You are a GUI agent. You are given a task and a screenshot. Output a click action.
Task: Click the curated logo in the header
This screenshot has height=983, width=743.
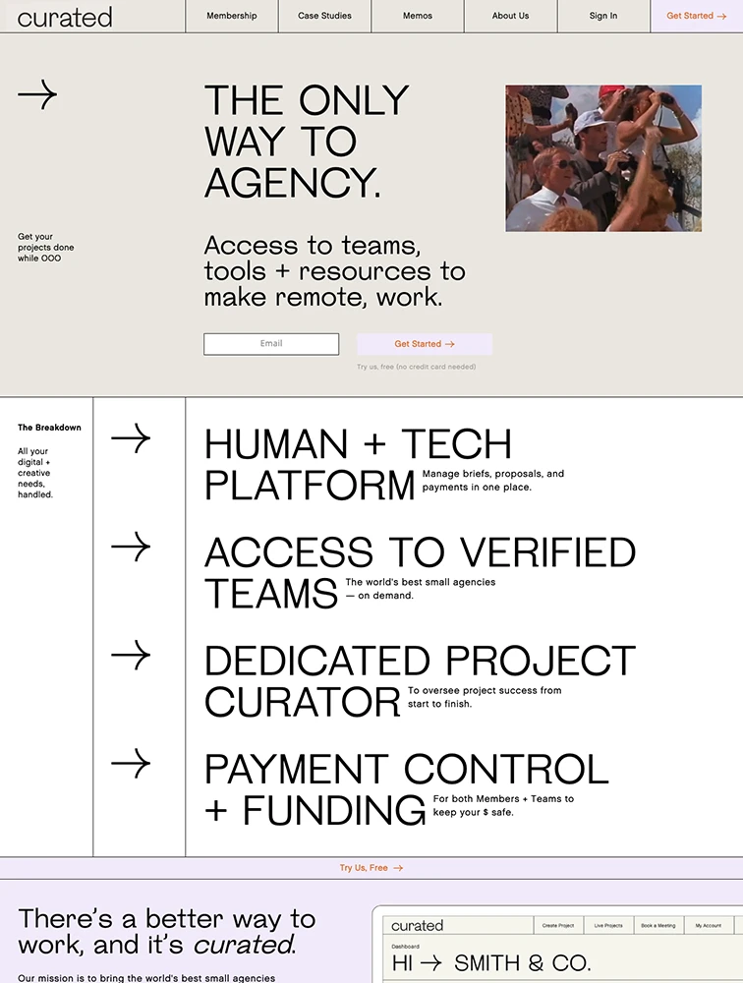(65, 17)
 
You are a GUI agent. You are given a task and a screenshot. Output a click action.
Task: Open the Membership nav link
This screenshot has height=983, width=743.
(231, 16)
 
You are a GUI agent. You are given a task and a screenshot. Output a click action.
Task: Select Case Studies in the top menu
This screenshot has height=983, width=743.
(324, 16)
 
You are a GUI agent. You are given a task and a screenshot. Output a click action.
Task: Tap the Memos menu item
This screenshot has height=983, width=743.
(418, 16)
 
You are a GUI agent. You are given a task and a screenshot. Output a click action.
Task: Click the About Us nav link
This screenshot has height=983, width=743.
(510, 16)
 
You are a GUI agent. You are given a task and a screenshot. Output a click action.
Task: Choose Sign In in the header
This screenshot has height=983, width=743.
(603, 16)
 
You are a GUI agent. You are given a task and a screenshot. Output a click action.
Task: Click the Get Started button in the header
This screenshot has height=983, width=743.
(697, 16)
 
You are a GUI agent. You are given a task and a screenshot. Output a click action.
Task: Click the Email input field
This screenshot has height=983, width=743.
(271, 343)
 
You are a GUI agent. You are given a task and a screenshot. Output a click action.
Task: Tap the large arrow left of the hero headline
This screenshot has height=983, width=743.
(37, 94)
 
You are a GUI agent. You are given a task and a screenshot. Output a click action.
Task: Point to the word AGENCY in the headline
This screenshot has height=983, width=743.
(292, 183)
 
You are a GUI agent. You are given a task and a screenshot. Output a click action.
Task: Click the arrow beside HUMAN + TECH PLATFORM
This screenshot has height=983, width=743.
(131, 438)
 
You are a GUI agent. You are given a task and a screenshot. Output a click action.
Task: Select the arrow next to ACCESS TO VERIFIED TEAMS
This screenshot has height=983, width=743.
(131, 547)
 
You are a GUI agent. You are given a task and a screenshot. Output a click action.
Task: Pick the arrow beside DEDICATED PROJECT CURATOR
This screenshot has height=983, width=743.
(131, 655)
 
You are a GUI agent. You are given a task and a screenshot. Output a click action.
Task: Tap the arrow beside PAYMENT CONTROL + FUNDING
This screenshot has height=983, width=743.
(131, 764)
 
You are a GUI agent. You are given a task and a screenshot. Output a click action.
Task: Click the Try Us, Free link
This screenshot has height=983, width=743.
(371, 868)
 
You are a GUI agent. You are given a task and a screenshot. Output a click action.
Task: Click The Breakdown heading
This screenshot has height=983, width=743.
(49, 428)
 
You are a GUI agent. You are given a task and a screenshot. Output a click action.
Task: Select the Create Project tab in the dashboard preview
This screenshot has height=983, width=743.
(558, 925)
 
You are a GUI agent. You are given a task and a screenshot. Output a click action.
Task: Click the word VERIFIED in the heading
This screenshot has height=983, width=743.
(548, 552)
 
